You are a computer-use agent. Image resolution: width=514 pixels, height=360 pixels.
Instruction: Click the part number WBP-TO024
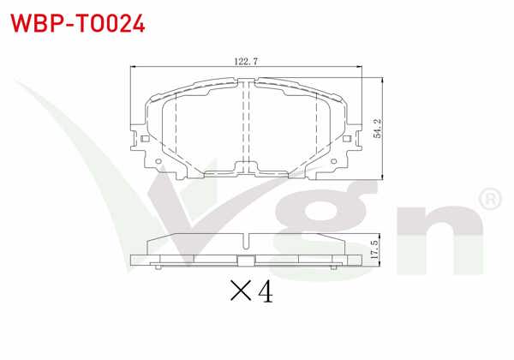pos(76,22)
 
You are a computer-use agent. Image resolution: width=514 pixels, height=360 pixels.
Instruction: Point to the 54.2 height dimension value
pos(378,128)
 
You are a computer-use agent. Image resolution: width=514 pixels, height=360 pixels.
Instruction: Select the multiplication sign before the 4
pos(240,294)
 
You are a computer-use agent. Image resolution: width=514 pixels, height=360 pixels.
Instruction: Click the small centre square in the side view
pos(247,263)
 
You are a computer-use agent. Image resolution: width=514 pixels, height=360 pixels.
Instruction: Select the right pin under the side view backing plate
pos(335,268)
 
